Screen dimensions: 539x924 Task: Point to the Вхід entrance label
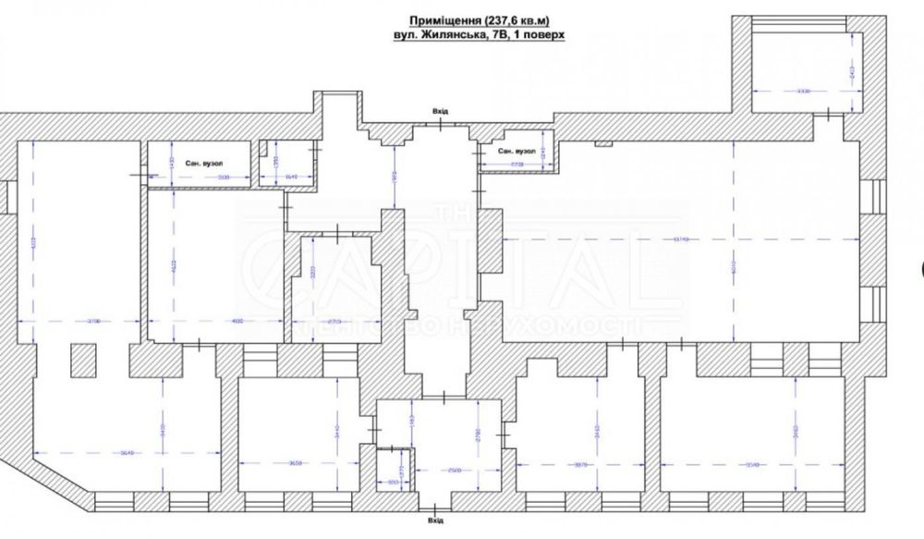pyautogui.click(x=440, y=111)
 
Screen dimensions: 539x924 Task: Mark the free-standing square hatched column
pyautogui.click(x=82, y=360)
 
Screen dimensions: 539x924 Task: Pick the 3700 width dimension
pyautogui.click(x=91, y=321)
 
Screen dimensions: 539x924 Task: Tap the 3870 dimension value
pyautogui.click(x=579, y=463)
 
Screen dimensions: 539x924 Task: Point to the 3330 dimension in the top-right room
pyautogui.click(x=803, y=91)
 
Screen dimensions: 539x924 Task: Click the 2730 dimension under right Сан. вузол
pyautogui.click(x=516, y=164)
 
